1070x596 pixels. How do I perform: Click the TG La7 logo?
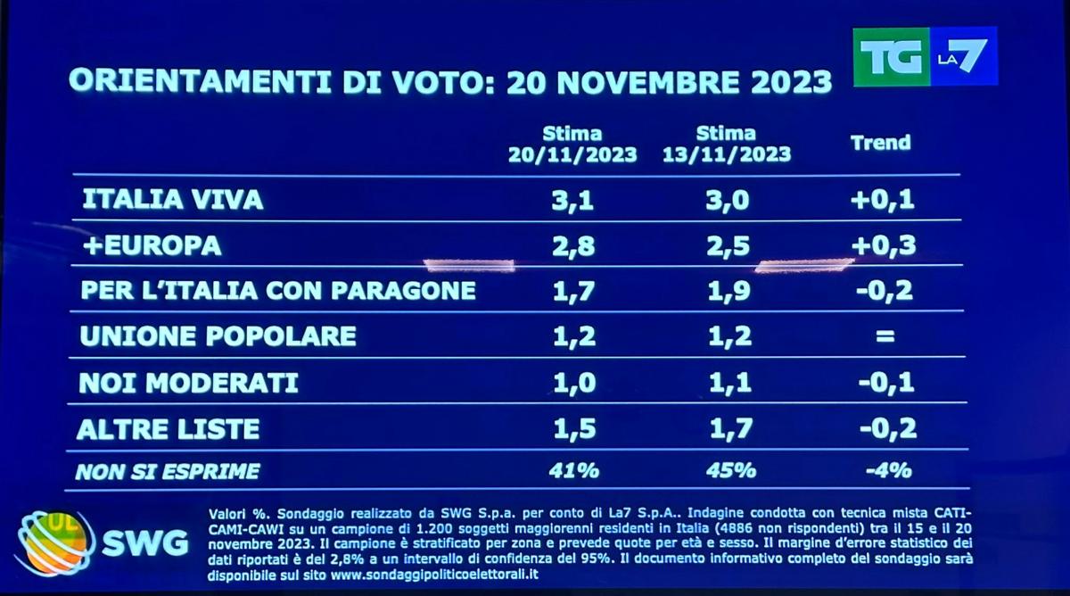pyautogui.click(x=925, y=56)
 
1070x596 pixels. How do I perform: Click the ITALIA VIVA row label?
pyautogui.click(x=172, y=200)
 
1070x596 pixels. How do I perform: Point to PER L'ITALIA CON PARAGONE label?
pyautogui.click(x=277, y=291)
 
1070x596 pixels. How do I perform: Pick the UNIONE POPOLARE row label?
pyautogui.click(x=218, y=336)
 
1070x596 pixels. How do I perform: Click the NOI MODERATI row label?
pyautogui.click(x=188, y=383)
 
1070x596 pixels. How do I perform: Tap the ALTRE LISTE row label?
pyautogui.click(x=169, y=429)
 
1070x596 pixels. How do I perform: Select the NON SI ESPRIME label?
pyautogui.click(x=168, y=471)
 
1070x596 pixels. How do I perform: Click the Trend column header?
pyautogui.click(x=880, y=143)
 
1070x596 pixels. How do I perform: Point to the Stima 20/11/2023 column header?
pyautogui.click(x=572, y=145)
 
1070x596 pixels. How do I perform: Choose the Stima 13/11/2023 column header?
pyautogui.click(x=727, y=145)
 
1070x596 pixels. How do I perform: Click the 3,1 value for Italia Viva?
pyautogui.click(x=572, y=200)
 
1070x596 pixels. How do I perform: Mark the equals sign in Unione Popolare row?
pyautogui.click(x=883, y=336)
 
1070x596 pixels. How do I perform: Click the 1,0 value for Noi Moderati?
pyautogui.click(x=572, y=383)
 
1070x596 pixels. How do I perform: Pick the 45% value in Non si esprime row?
pyautogui.click(x=729, y=470)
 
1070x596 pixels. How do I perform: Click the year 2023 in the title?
pyautogui.click(x=782, y=81)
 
